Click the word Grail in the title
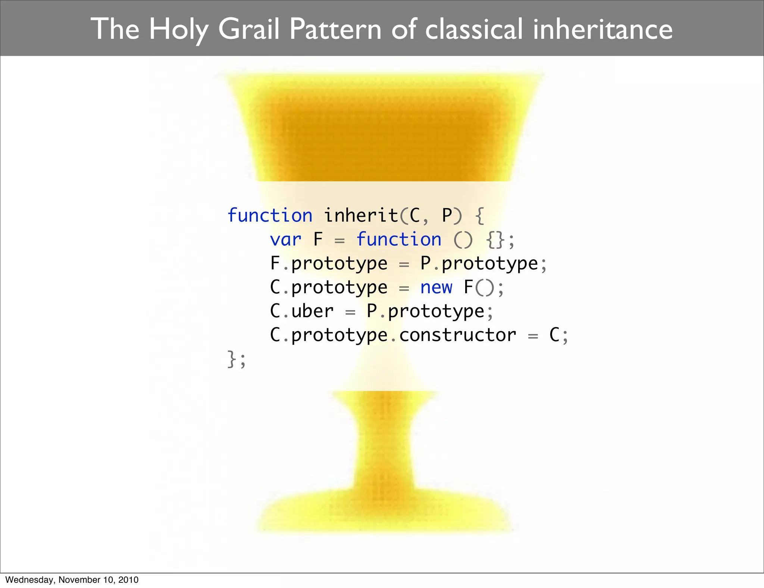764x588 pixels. tap(248, 29)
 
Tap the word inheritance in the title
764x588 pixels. tap(602, 29)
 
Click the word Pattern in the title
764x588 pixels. tap(335, 29)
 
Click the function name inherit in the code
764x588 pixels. tap(361, 215)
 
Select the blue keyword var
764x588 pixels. tap(285, 239)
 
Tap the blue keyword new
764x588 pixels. tap(436, 287)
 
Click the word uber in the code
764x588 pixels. tap(312, 311)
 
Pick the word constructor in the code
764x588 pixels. tap(458, 335)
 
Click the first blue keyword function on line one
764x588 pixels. tap(270, 215)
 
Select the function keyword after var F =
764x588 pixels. tap(399, 239)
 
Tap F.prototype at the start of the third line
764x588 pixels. tap(329, 264)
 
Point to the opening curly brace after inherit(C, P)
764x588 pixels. tap(480, 216)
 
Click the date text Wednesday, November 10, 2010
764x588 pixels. tap(72, 580)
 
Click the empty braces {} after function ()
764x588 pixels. tap(495, 240)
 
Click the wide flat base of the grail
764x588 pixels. tap(384, 517)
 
